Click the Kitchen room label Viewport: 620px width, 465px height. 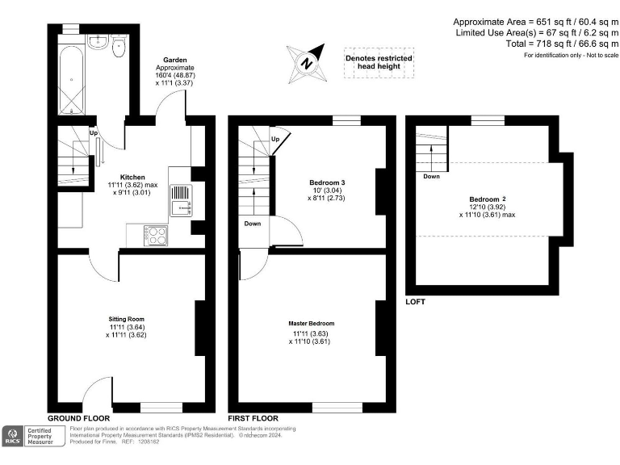pyautogui.click(x=132, y=177)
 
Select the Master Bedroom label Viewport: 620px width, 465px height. pyautogui.click(x=311, y=324)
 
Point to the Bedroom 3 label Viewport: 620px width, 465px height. pyautogui.click(x=327, y=182)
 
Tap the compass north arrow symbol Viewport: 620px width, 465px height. pyautogui.click(x=307, y=61)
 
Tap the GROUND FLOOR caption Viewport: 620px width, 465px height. pyautogui.click(x=79, y=418)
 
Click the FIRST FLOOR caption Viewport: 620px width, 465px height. pyautogui.click(x=253, y=418)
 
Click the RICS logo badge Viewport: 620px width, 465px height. pyautogui.click(x=13, y=436)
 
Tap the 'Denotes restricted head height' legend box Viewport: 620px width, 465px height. pyautogui.click(x=379, y=63)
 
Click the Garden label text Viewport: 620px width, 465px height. pyautogui.click(x=176, y=60)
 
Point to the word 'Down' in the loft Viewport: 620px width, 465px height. pyautogui.click(x=431, y=175)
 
